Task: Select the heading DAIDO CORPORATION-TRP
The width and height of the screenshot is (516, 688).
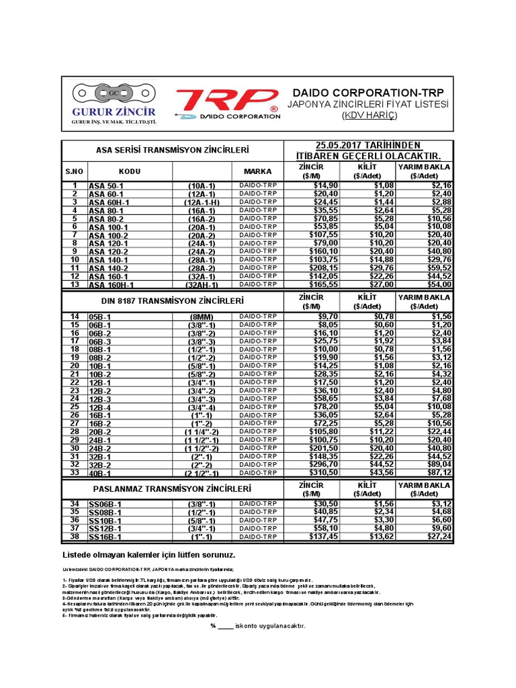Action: coord(368,92)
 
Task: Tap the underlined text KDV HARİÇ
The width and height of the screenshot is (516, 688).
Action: coord(369,116)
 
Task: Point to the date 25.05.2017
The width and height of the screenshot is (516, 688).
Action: coord(338,146)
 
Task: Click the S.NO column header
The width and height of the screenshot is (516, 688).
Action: coord(75,171)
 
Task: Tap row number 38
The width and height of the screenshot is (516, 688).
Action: coord(75,537)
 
